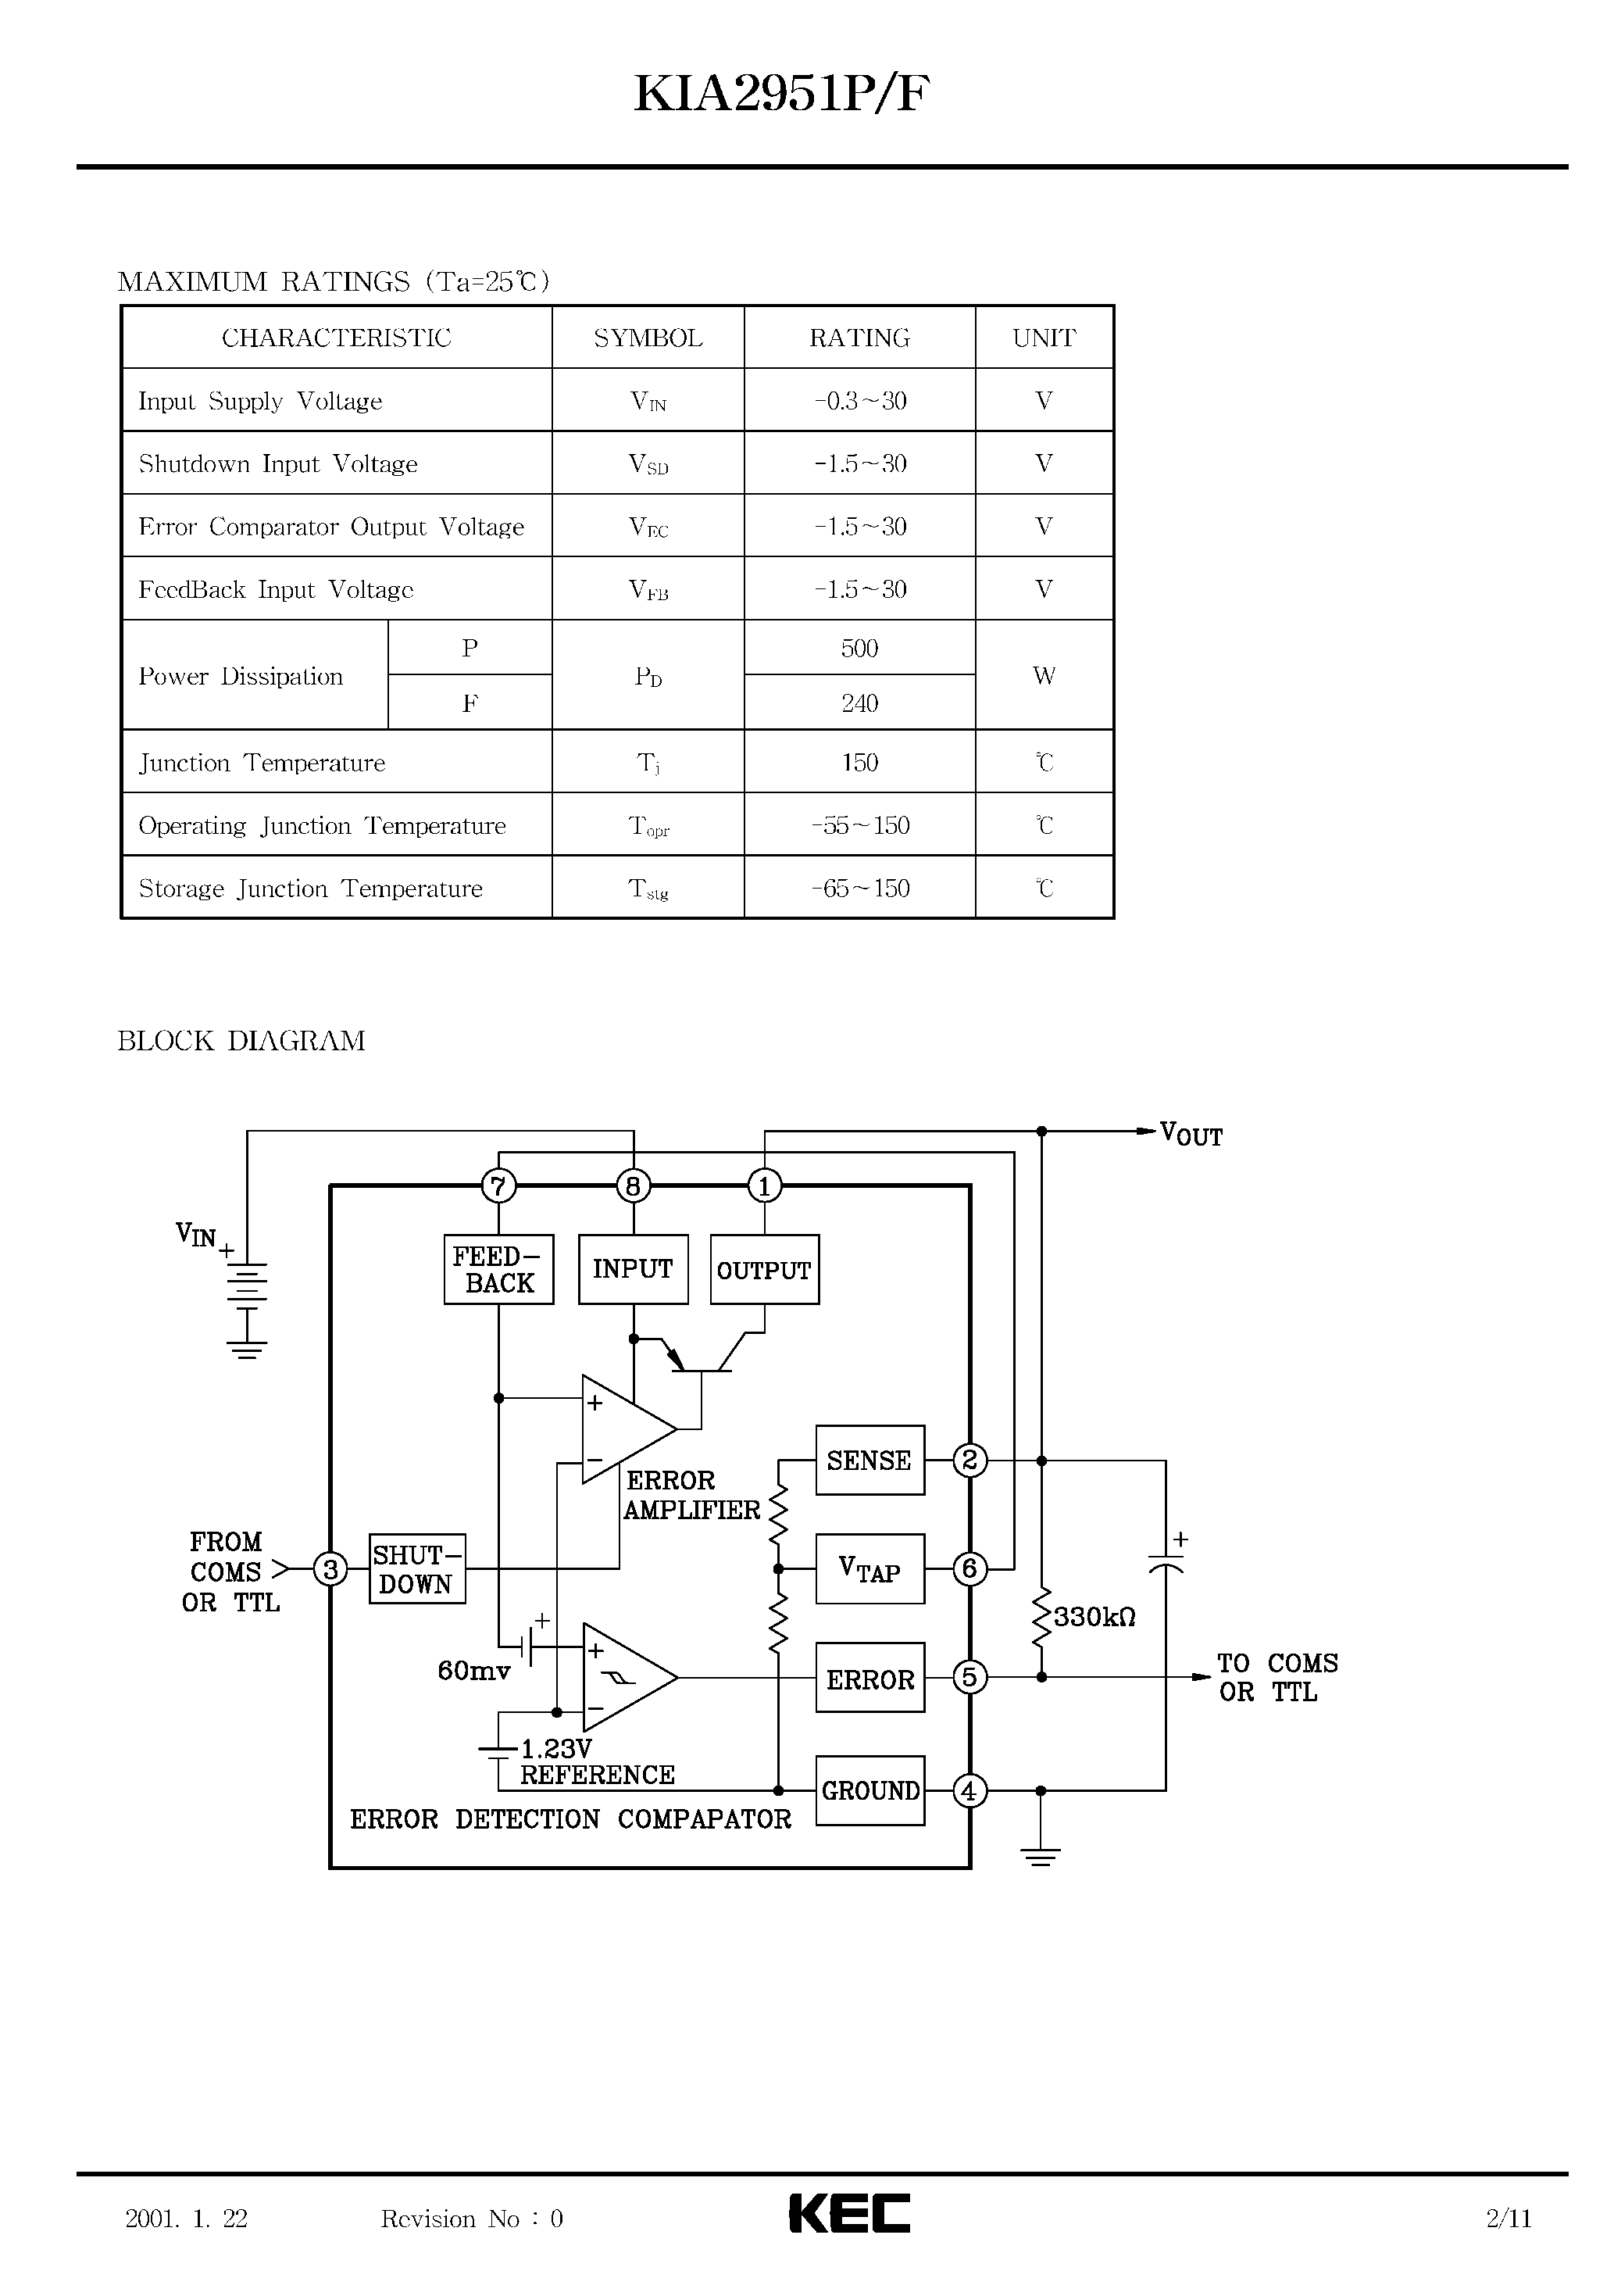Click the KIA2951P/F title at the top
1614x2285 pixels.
(781, 95)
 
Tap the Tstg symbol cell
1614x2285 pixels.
(648, 889)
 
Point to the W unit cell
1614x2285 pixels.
(1043, 676)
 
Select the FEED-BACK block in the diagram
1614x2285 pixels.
(498, 1269)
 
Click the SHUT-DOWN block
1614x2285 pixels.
(417, 1569)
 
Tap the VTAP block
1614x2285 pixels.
(869, 1569)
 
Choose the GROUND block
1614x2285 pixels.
(869, 1790)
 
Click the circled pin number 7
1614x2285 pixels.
(498, 1185)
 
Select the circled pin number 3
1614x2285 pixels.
(330, 1569)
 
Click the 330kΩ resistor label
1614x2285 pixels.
(1094, 1617)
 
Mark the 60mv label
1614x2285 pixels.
(473, 1671)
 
